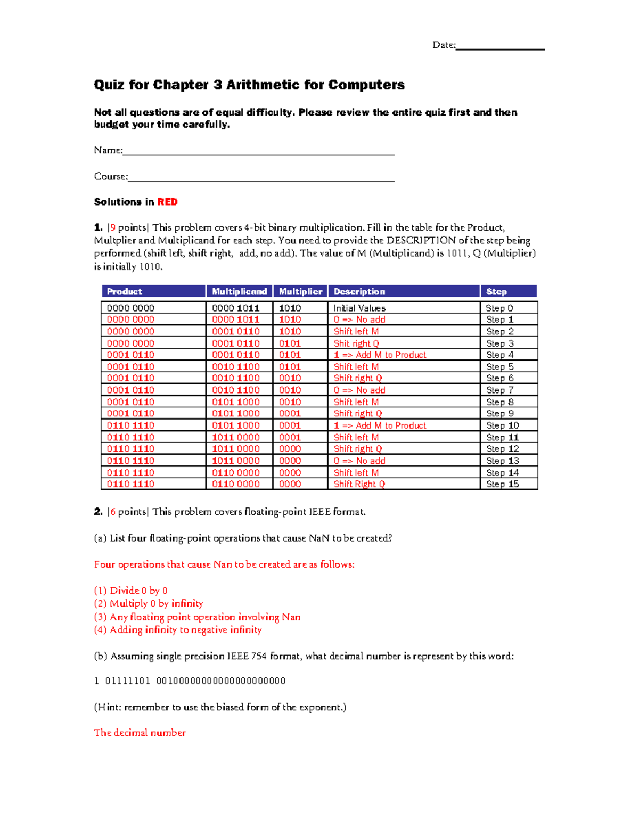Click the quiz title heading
tap(249, 85)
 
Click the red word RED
tap(167, 202)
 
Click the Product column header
tap(125, 291)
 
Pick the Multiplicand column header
tap(239, 291)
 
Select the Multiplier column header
tap(300, 291)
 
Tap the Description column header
tap(359, 291)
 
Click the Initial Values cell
tap(359, 308)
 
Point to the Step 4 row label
tap(499, 355)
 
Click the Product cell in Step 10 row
tap(130, 425)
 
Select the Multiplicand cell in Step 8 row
tap(236, 402)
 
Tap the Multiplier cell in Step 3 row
tap(290, 343)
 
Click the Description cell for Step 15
tap(359, 484)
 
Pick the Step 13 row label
tap(502, 461)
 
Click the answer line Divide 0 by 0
tap(130, 591)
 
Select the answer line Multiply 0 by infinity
tap(149, 603)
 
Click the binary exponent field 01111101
tap(128, 681)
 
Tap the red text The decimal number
tap(140, 733)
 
